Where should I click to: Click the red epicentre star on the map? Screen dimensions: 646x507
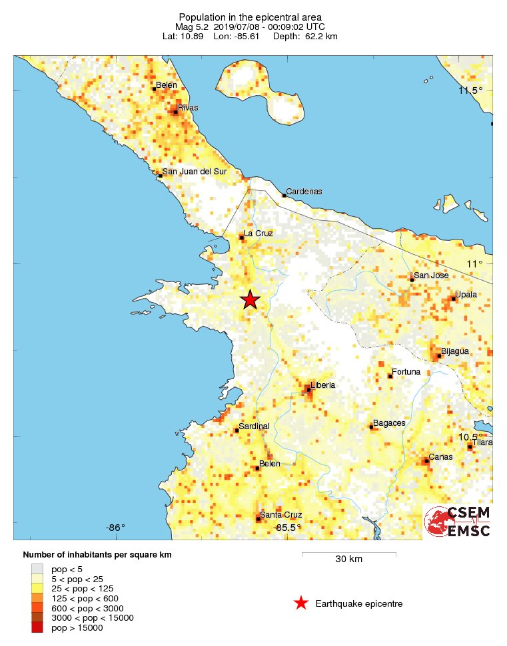pyautogui.click(x=250, y=299)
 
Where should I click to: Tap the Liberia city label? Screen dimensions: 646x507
pyautogui.click(x=323, y=385)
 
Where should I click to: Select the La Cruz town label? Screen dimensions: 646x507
pyautogui.click(x=258, y=233)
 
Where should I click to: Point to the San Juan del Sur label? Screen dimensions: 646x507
pyautogui.click(x=195, y=171)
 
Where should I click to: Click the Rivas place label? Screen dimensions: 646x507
pyautogui.click(x=188, y=107)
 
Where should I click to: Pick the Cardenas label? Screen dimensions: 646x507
pyautogui.click(x=304, y=192)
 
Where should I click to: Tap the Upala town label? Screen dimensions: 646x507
pyautogui.click(x=466, y=294)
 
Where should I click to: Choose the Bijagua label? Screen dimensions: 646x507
pyautogui.click(x=454, y=351)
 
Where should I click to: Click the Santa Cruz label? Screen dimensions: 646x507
pyautogui.click(x=281, y=515)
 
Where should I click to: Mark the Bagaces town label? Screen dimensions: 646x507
pyautogui.click(x=389, y=422)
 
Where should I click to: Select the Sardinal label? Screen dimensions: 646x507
pyautogui.click(x=254, y=426)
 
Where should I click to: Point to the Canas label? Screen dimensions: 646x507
pyautogui.click(x=440, y=457)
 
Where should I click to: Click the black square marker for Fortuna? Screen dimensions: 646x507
pyautogui.click(x=390, y=376)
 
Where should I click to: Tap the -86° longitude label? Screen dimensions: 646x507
pyautogui.click(x=115, y=528)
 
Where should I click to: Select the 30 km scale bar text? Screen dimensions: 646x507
pyautogui.click(x=348, y=559)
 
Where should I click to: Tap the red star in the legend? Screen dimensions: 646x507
pyautogui.click(x=301, y=603)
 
